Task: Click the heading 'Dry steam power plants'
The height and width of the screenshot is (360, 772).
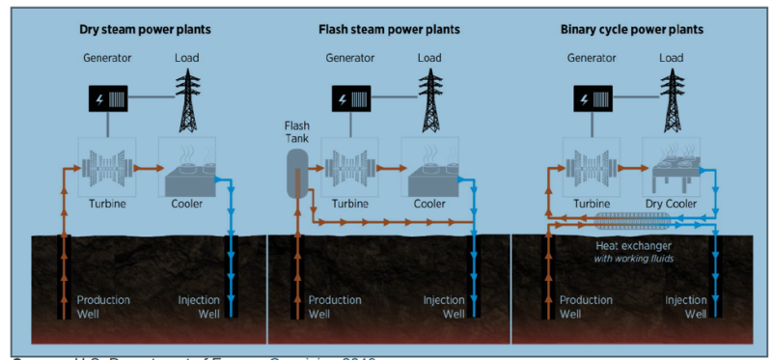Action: pyautogui.click(x=145, y=30)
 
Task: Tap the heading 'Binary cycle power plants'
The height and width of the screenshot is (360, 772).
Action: pyautogui.click(x=632, y=30)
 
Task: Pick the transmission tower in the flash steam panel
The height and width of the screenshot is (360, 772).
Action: pyautogui.click(x=429, y=101)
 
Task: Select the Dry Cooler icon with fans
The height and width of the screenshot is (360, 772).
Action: pyautogui.click(x=672, y=166)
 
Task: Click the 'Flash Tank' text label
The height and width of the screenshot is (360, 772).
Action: pyautogui.click(x=296, y=132)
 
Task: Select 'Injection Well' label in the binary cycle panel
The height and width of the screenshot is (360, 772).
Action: pyautogui.click(x=686, y=306)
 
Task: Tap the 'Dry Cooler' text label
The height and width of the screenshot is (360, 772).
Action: pyautogui.click(x=672, y=204)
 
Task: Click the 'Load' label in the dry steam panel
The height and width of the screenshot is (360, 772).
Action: pyautogui.click(x=187, y=58)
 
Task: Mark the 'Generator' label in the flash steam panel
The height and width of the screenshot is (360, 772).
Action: pyautogui.click(x=349, y=58)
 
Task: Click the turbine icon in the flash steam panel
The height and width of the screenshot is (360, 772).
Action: pyautogui.click(x=349, y=166)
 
